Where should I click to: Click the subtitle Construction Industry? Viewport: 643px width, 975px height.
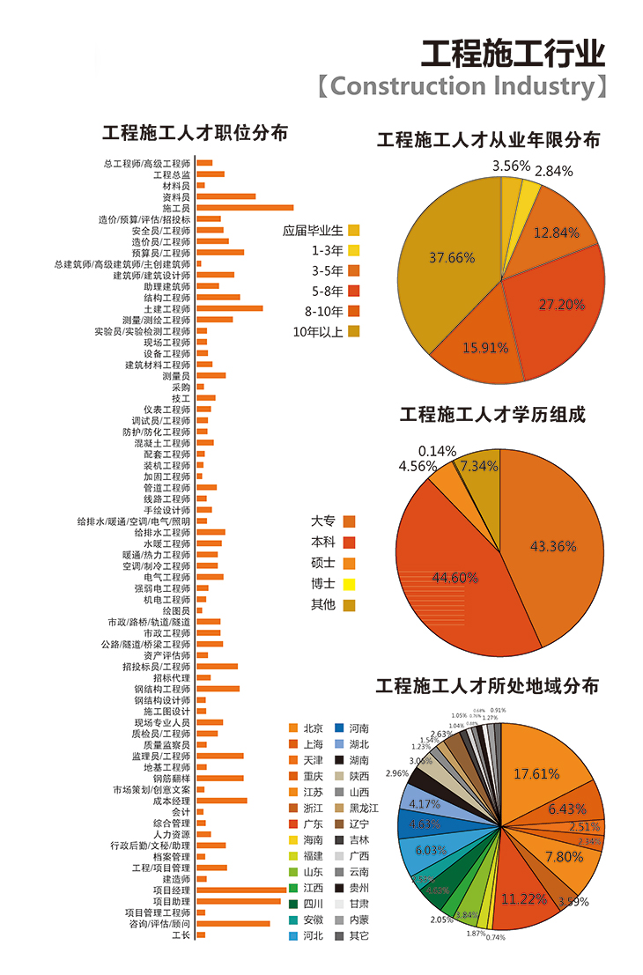[x=463, y=86]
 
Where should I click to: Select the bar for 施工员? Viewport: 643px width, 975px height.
[x=245, y=208]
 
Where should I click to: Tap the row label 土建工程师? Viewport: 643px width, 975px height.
[x=166, y=309]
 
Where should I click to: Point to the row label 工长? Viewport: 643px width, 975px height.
[x=181, y=934]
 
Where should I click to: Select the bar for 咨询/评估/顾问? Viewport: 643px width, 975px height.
[x=233, y=924]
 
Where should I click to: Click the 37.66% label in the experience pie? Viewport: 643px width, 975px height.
[x=452, y=258]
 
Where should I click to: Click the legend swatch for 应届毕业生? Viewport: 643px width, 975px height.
[x=353, y=231]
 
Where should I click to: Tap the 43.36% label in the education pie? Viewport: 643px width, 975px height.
[x=553, y=546]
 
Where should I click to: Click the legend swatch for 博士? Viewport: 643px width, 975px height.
[x=350, y=584]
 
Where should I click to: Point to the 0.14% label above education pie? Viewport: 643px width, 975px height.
[x=437, y=450]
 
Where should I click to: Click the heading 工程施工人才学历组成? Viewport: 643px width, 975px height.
[x=492, y=414]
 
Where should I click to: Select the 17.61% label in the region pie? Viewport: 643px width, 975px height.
[x=537, y=773]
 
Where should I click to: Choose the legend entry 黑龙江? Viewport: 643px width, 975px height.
[x=363, y=808]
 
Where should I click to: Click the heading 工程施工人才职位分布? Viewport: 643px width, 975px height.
[x=195, y=133]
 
